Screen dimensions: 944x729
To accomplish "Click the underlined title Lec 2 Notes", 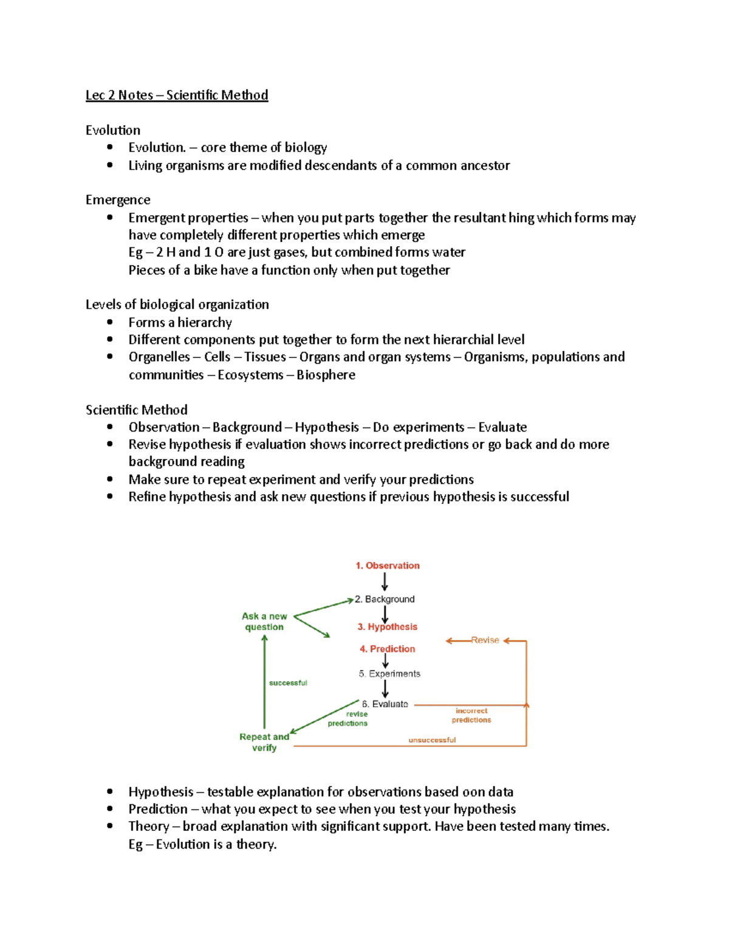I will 176,95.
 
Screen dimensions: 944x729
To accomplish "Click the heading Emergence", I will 118,200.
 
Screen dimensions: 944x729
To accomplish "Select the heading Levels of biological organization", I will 177,305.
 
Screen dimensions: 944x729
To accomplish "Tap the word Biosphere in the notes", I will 326,375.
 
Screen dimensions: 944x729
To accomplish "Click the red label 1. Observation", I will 388,565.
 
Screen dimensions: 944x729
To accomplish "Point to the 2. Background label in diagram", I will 385,599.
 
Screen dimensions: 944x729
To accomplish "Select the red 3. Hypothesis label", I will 387,627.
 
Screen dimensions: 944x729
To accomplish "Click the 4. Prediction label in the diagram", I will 387,649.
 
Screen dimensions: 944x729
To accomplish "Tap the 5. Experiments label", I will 389,674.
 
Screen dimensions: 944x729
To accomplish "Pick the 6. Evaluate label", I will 385,704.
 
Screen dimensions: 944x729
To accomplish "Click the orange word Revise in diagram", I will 485,640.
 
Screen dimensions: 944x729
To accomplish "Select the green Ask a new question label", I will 264,621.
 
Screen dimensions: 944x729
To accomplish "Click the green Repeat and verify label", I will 264,742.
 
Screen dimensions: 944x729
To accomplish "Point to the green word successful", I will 288,683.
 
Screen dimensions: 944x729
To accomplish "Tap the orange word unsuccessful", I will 432,740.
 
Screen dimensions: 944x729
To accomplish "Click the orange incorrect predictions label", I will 471,715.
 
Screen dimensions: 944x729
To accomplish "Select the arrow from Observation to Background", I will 385,582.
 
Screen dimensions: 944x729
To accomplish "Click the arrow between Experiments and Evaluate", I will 385,689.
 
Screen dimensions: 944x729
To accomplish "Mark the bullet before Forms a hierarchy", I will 110,322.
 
